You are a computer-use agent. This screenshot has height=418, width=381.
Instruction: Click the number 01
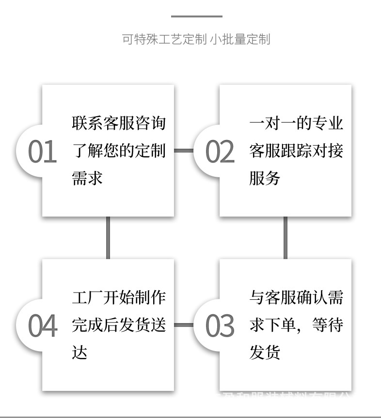click(x=42, y=152)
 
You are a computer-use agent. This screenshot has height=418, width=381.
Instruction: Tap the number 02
click(x=220, y=152)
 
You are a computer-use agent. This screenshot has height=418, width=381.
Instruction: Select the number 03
click(x=220, y=325)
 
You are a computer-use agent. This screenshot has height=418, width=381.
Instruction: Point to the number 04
click(x=42, y=325)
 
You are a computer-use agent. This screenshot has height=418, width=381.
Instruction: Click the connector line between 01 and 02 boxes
click(x=183, y=151)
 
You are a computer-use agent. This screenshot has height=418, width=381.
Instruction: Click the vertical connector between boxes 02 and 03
click(x=285, y=237)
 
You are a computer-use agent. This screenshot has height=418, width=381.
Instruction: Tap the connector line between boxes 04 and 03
click(x=183, y=325)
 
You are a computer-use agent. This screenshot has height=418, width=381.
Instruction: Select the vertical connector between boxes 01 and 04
click(x=108, y=237)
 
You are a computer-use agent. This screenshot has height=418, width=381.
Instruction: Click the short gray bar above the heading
click(x=196, y=16)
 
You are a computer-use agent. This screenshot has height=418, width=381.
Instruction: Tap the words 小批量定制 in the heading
click(x=240, y=39)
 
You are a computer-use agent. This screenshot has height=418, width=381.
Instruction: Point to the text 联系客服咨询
click(x=119, y=123)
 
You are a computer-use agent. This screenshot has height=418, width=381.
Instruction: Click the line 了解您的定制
click(x=119, y=151)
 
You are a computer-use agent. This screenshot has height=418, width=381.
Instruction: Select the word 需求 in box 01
click(x=87, y=178)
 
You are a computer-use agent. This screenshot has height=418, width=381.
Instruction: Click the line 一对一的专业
click(x=296, y=123)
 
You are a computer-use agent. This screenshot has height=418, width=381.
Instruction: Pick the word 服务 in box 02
click(x=265, y=178)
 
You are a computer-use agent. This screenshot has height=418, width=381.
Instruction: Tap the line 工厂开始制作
click(x=119, y=297)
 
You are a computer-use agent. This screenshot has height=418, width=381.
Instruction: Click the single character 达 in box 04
click(x=79, y=352)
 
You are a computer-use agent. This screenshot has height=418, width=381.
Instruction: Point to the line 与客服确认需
click(x=296, y=297)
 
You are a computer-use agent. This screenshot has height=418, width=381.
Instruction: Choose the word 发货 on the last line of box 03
click(x=265, y=352)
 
